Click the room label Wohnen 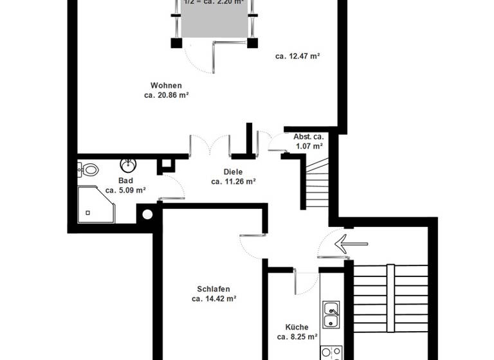point(166,85)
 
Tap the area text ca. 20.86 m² point(166,95)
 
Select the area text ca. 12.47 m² point(298,57)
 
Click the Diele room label point(233,172)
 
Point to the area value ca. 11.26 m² point(233,181)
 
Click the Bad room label point(125,181)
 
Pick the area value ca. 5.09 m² point(125,190)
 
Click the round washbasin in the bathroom point(128,165)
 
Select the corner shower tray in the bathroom point(95,204)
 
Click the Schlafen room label point(214,289)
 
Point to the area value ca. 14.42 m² point(214,299)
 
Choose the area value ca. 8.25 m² point(297,336)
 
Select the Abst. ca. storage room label point(309,137)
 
